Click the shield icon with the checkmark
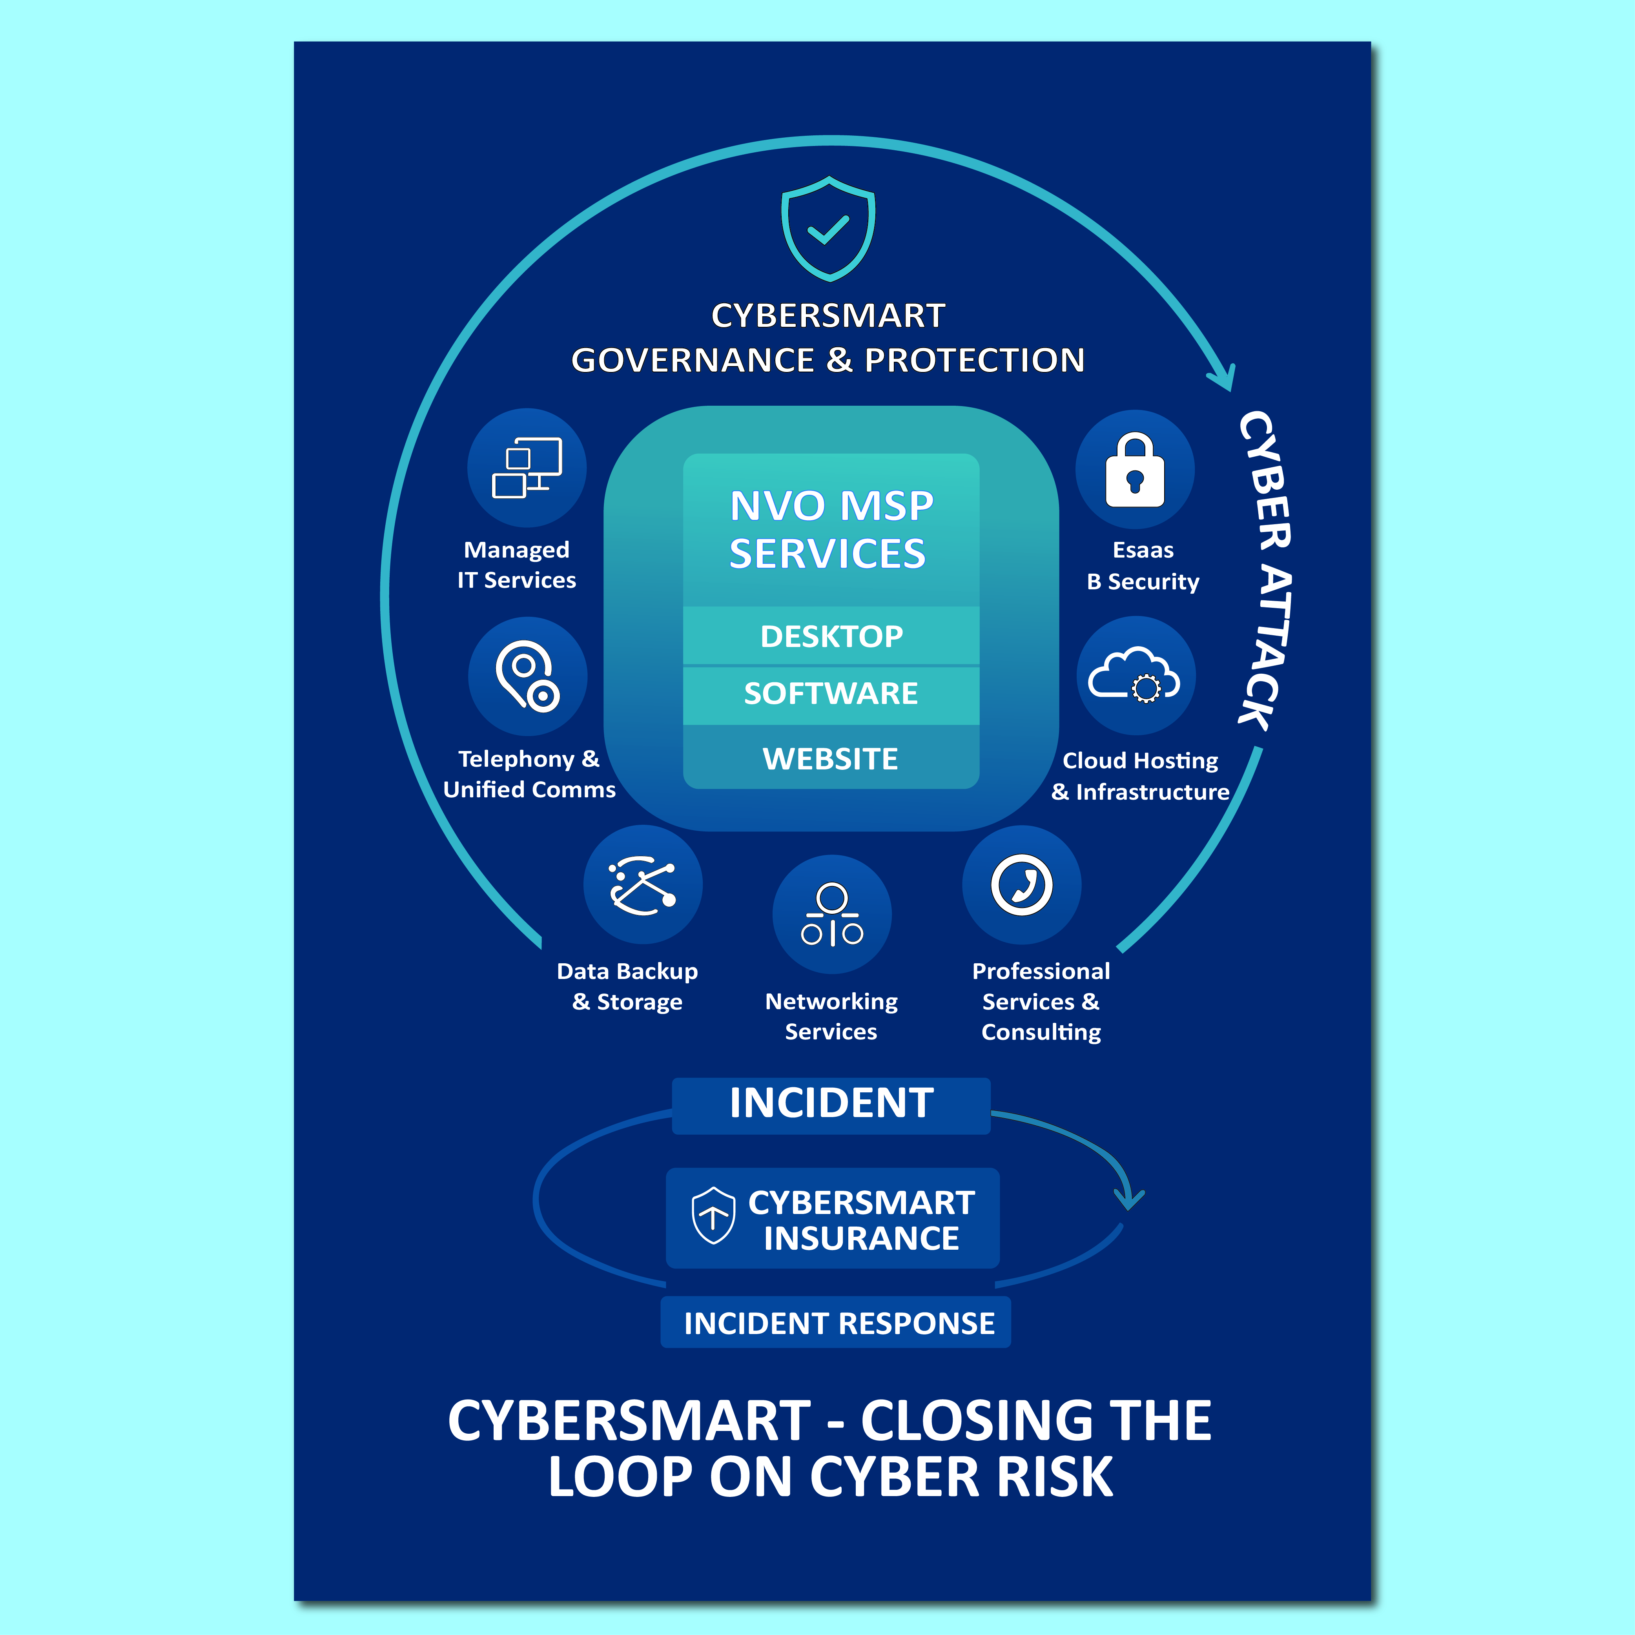click(828, 228)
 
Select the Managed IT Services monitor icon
click(527, 468)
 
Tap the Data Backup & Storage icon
click(642, 884)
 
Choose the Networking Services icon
click(832, 914)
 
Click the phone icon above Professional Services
click(1021, 884)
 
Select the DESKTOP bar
click(831, 636)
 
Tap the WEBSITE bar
click(831, 758)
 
